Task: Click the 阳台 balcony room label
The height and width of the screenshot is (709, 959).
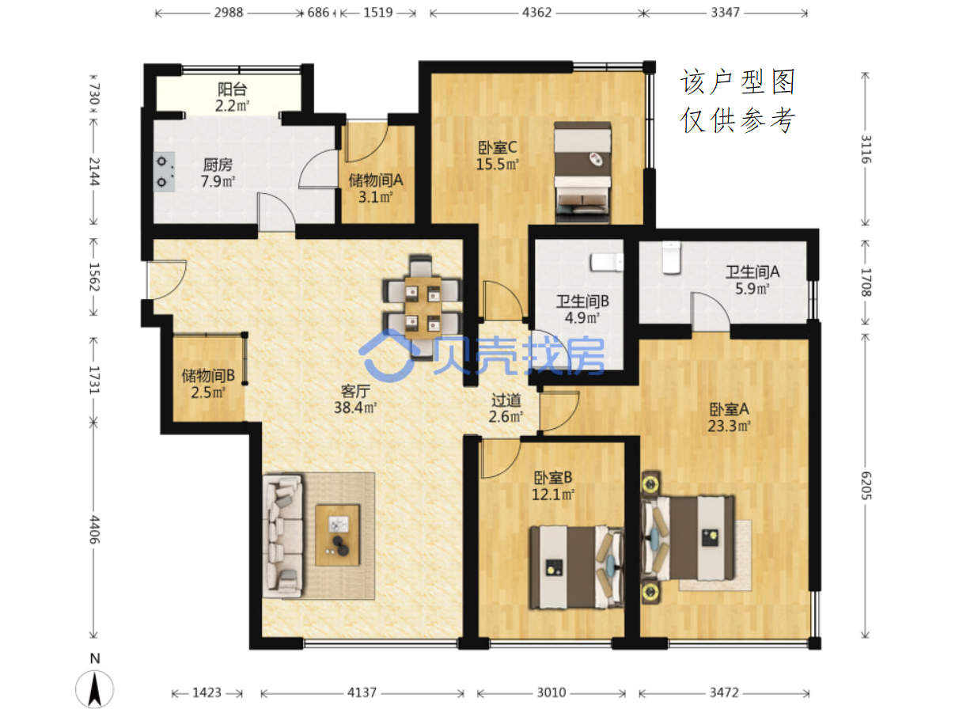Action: point(232,89)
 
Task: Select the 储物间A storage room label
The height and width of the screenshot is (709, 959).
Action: point(376,180)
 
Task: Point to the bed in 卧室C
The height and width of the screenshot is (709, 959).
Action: point(582,173)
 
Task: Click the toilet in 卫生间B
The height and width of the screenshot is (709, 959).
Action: point(607,263)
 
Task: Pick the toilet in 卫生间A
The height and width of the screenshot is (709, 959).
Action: point(672,257)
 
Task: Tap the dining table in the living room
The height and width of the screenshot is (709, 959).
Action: point(423,307)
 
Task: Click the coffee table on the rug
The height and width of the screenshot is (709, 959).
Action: point(337,535)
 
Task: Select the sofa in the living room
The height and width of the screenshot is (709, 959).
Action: point(282,536)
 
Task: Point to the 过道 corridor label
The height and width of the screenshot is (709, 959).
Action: point(506,400)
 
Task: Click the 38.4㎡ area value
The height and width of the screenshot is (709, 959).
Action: point(355,408)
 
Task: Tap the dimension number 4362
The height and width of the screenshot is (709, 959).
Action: point(536,13)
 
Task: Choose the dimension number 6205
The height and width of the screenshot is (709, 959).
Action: point(866,485)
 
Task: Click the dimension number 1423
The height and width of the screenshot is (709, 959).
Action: point(207,692)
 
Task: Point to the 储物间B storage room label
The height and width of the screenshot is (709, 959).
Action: point(208,376)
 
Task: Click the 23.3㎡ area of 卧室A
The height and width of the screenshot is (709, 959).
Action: point(729,426)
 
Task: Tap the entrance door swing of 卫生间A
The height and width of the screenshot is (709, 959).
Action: point(711,312)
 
